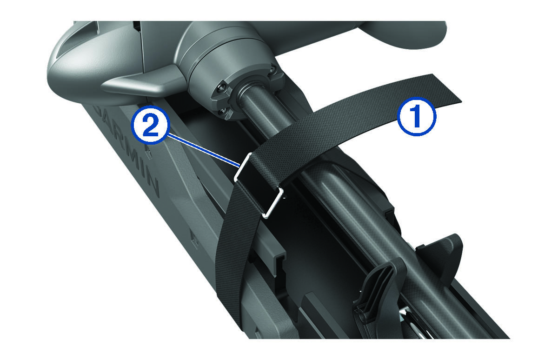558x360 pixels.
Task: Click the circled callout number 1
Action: click(x=416, y=116)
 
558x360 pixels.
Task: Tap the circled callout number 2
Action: click(x=151, y=125)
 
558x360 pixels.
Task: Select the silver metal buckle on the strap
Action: click(x=259, y=186)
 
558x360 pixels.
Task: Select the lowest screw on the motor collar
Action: click(x=222, y=112)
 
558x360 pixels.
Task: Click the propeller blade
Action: click(x=404, y=35)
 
